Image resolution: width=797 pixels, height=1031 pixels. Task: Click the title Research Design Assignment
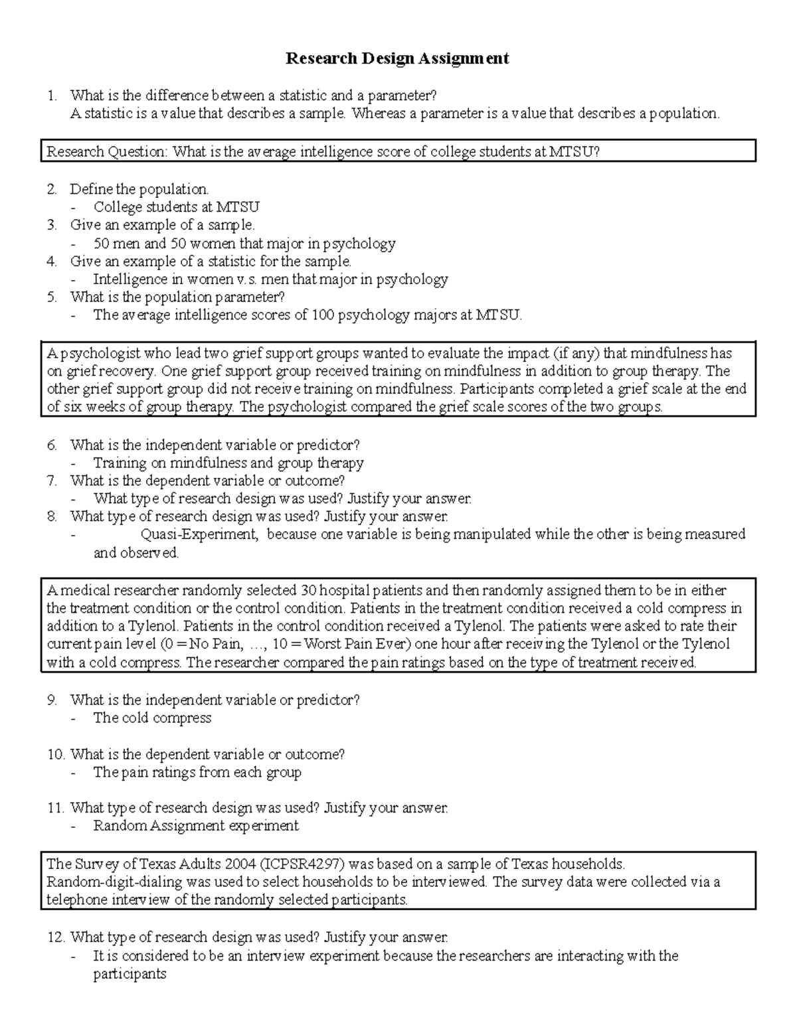click(x=397, y=58)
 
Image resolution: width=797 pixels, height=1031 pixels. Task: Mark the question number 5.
click(x=52, y=297)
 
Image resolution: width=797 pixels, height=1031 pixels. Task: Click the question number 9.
click(x=52, y=700)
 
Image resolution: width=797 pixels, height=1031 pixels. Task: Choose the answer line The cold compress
click(x=152, y=718)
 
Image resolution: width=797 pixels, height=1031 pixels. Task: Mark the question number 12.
click(x=55, y=937)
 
